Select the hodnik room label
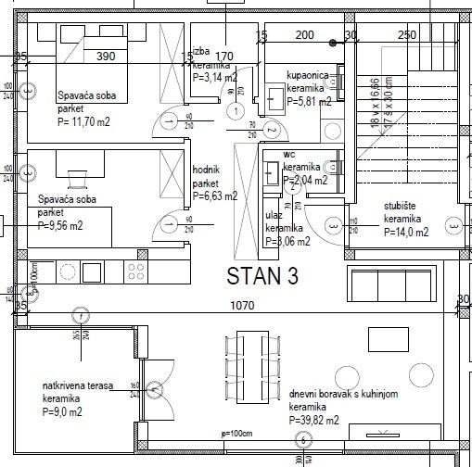pos(206,171)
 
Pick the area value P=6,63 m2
pos(214,196)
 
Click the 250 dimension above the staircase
pos(405,34)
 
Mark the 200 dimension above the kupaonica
pos(304,34)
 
